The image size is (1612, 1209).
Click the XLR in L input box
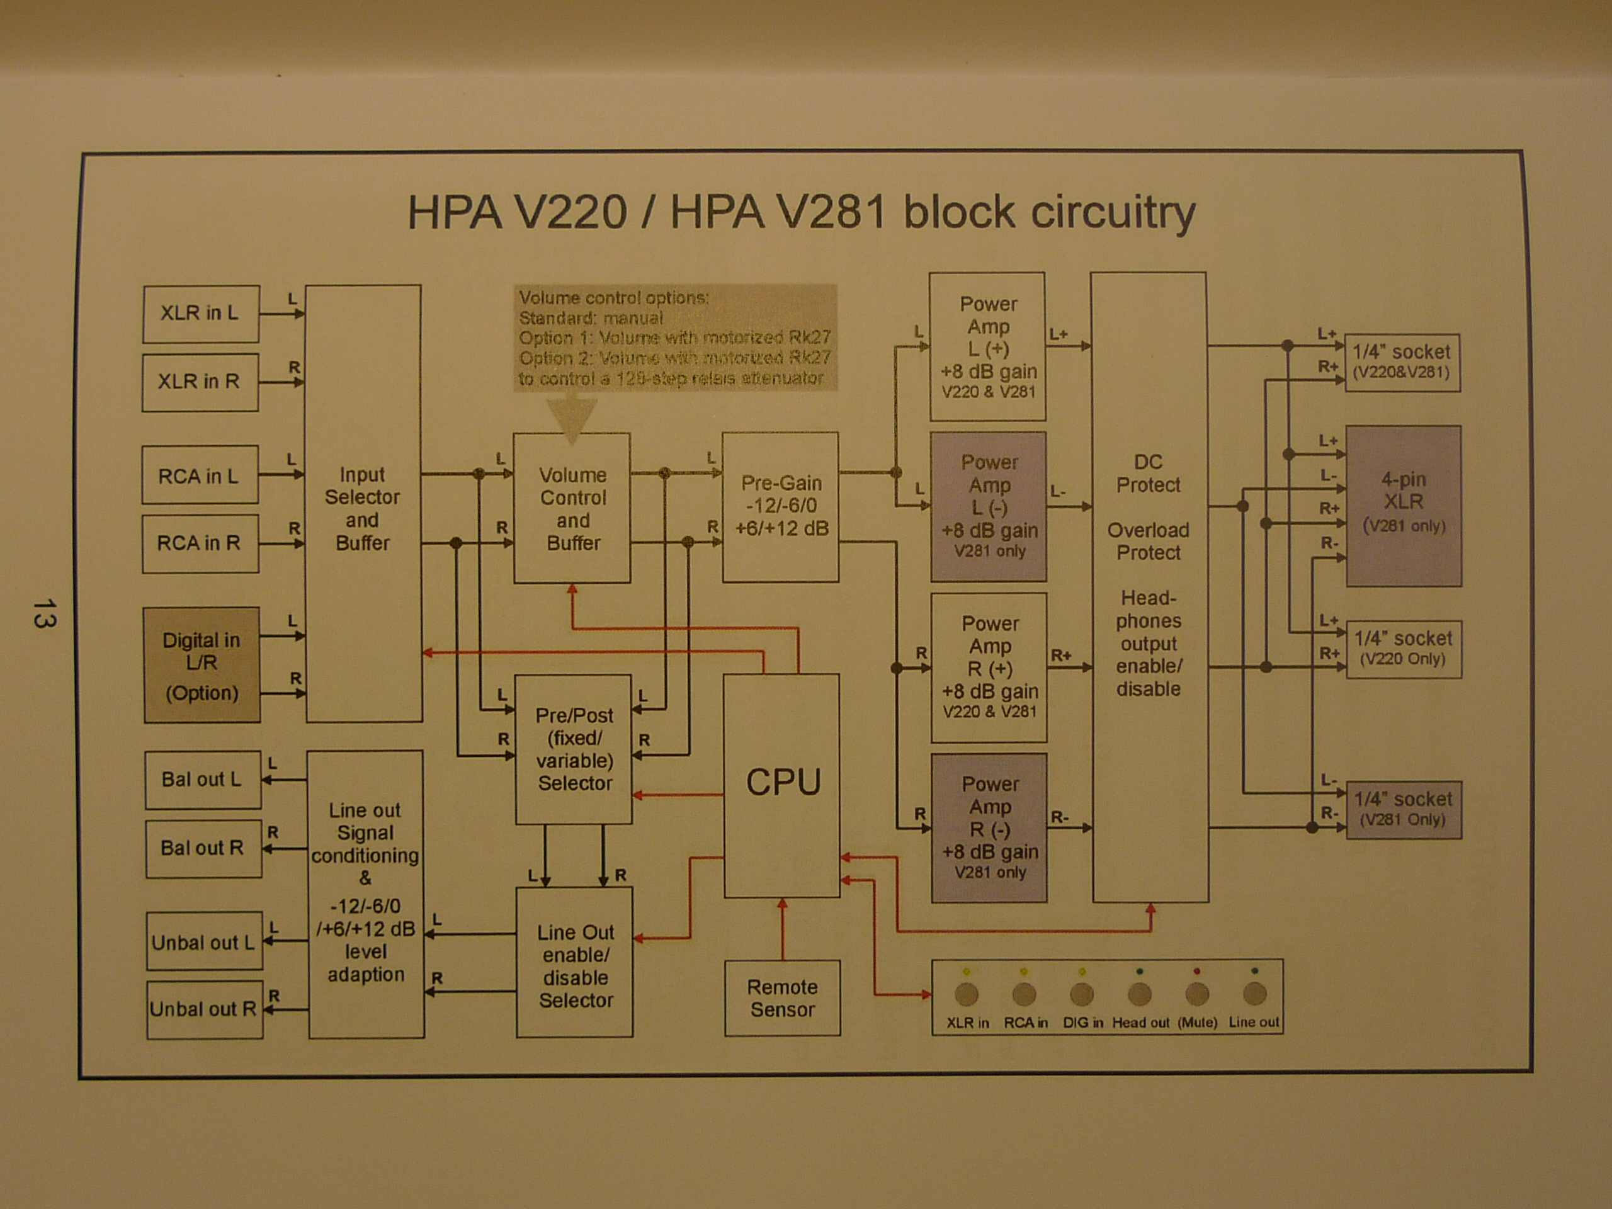[201, 314]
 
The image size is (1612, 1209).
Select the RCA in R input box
[200, 543]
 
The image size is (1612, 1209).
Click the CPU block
[782, 786]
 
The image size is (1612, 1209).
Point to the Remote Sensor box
[783, 999]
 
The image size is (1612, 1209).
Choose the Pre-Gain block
[780, 507]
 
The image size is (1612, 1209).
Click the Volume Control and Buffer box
[572, 508]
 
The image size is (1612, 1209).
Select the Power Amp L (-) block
[989, 506]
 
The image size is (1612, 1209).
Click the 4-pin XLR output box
[1404, 506]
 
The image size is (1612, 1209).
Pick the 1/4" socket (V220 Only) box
[1404, 649]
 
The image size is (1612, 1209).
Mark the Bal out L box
[203, 780]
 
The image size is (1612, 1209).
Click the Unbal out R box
[205, 1010]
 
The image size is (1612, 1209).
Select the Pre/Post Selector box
[574, 750]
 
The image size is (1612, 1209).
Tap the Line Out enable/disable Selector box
[575, 963]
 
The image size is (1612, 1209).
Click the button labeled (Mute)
[1197, 994]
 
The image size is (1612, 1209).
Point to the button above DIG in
[1081, 994]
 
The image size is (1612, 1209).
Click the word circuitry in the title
[1050, 213]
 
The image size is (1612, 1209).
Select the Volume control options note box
[676, 338]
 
